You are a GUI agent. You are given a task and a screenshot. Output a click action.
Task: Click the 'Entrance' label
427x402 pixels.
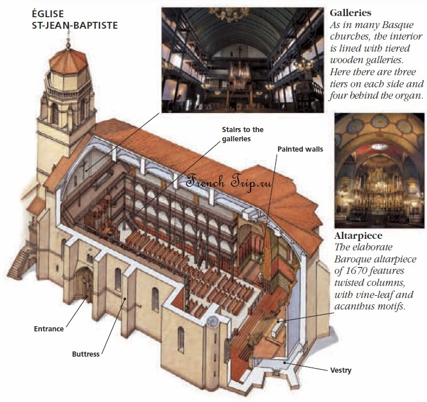(x=49, y=329)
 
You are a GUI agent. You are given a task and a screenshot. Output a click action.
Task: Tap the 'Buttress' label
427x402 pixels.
(x=86, y=354)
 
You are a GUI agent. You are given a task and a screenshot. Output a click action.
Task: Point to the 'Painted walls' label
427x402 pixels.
(x=300, y=149)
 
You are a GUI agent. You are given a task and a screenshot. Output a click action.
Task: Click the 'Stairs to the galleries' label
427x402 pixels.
(x=243, y=134)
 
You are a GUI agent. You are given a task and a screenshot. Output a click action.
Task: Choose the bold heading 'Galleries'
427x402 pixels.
(x=350, y=13)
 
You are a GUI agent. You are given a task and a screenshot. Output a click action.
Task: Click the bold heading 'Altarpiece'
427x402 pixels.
(x=358, y=236)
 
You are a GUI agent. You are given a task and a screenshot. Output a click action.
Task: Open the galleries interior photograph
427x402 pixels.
(x=242, y=57)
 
